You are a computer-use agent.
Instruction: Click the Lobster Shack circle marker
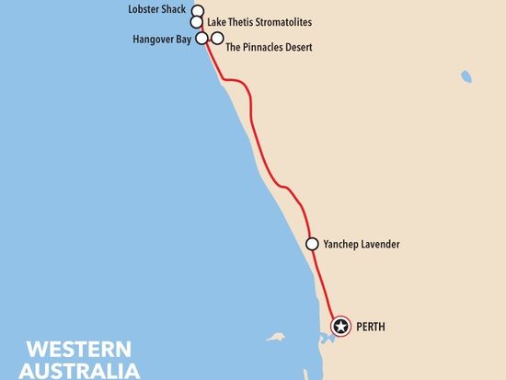[196, 11]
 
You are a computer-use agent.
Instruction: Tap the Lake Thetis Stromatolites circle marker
[196, 22]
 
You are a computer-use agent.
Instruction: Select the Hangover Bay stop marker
[202, 38]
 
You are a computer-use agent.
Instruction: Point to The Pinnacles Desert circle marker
[217, 38]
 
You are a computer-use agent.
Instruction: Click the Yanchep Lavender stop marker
[312, 244]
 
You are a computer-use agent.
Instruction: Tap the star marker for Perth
[341, 326]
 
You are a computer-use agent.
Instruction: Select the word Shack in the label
[176, 9]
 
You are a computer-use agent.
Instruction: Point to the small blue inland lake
[467, 76]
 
